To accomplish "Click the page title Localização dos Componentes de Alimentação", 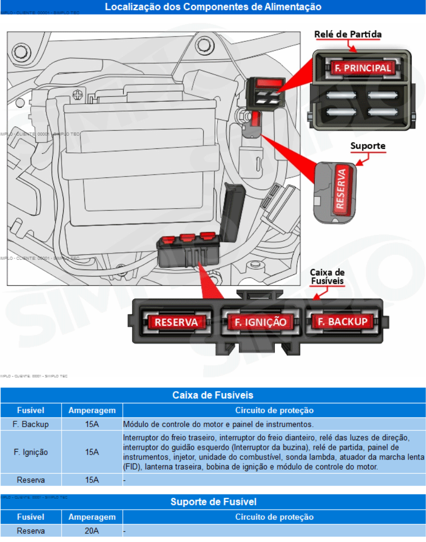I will (x=213, y=7).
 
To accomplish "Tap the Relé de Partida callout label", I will (x=348, y=34).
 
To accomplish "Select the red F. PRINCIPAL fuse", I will (x=362, y=68).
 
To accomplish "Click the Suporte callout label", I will (x=368, y=145).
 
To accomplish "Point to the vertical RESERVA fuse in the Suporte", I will (x=341, y=189).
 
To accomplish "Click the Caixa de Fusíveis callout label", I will (x=327, y=276).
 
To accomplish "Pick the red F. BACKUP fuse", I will (x=342, y=321).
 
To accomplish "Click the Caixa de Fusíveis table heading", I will (x=213, y=395).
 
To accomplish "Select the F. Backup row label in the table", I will (x=31, y=424).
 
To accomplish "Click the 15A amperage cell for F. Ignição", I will (x=92, y=452).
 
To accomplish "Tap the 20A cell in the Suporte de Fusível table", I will (x=92, y=531).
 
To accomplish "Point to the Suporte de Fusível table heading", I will (x=213, y=502).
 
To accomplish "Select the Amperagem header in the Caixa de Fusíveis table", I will (x=92, y=410).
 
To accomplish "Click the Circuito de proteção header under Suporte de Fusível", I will (x=274, y=517).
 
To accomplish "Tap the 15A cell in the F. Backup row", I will (x=92, y=424).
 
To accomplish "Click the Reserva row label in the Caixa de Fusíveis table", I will (x=31, y=480).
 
